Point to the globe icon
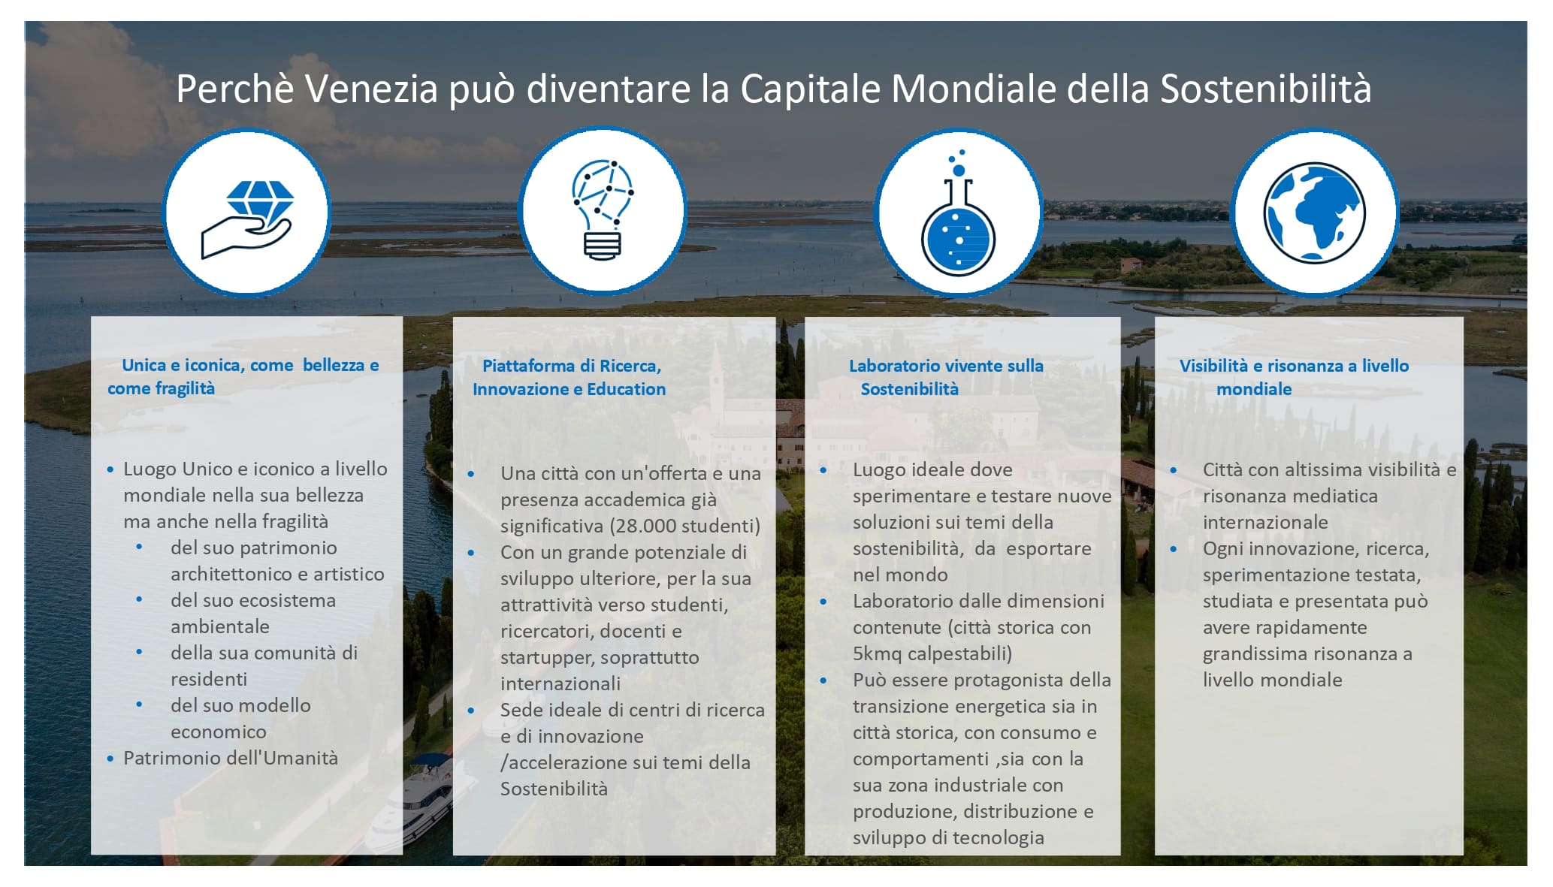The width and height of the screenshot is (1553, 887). click(1314, 213)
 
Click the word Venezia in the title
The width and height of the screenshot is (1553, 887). click(371, 89)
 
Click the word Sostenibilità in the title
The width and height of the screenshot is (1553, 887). click(1266, 89)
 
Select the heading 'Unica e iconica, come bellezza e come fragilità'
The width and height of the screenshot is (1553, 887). click(243, 376)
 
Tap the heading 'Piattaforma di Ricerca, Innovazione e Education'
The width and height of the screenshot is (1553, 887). click(569, 377)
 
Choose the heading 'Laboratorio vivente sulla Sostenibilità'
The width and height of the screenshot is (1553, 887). click(946, 377)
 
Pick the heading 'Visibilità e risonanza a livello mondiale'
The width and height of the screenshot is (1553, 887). click(1294, 377)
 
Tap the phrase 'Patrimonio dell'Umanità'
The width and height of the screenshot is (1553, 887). click(231, 758)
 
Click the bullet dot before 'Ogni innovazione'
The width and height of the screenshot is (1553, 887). click(1174, 549)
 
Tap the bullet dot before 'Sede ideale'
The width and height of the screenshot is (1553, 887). click(471, 711)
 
